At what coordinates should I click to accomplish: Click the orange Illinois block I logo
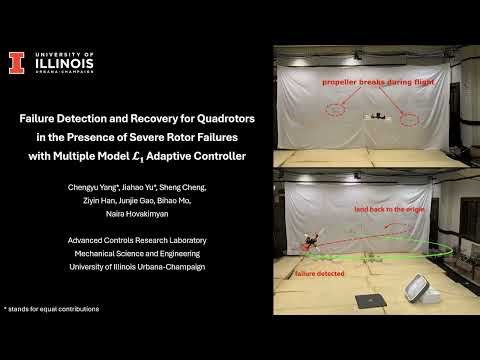[x=16, y=63]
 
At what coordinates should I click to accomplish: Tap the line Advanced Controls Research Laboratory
[x=138, y=240]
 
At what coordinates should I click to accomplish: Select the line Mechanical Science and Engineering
[x=138, y=253]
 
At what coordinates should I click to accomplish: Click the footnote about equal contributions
[x=52, y=308]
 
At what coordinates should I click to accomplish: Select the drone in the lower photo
[x=311, y=241]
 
